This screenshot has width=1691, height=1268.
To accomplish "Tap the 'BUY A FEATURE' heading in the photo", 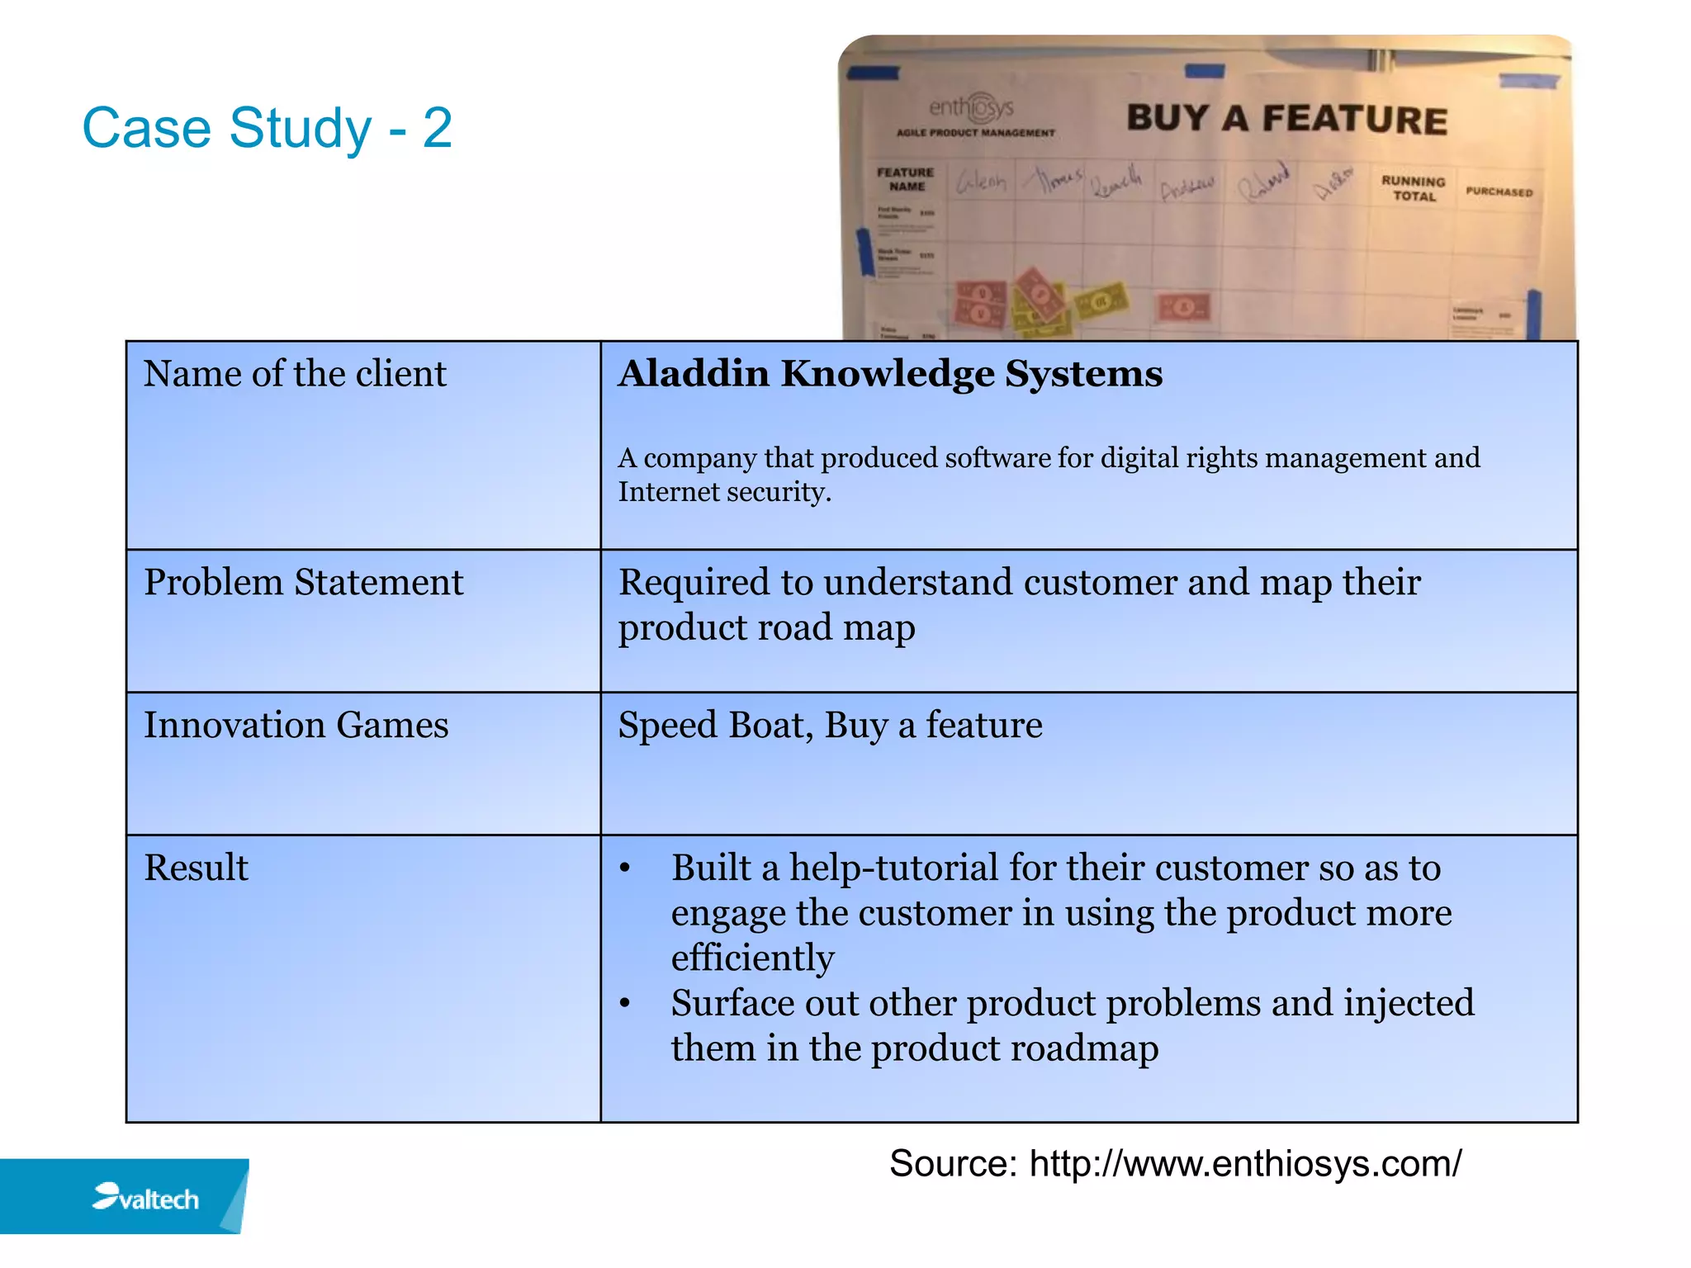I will (x=1286, y=119).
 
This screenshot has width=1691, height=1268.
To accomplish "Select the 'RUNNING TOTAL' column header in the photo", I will (x=1414, y=188).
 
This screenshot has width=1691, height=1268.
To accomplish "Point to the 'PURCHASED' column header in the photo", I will (x=1499, y=192).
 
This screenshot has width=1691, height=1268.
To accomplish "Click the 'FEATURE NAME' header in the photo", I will (x=906, y=179).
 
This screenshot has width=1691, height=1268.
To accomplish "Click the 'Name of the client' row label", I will (x=295, y=374).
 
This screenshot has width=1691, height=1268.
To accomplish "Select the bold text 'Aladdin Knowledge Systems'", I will (x=890, y=374).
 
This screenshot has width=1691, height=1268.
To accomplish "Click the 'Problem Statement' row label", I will (x=303, y=583).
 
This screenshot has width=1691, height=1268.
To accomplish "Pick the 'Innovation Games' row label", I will (x=296, y=726).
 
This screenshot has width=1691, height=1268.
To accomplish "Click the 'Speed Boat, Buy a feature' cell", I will (x=830, y=726).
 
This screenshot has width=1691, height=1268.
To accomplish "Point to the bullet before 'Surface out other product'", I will (x=625, y=1004).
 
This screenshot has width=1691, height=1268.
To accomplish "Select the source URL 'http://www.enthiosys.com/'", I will (x=1245, y=1164).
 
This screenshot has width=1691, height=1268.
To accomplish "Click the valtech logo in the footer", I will (x=146, y=1198).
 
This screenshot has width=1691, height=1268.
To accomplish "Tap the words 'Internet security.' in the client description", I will (x=724, y=493).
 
